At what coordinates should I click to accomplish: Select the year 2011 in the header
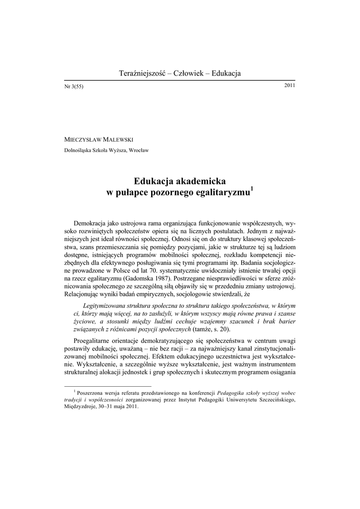[x=289, y=85]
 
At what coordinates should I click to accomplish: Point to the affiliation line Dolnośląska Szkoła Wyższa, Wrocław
[x=107, y=150]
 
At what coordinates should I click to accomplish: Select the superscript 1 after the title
[x=252, y=188]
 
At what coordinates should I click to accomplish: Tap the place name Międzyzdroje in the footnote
[x=83, y=406]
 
